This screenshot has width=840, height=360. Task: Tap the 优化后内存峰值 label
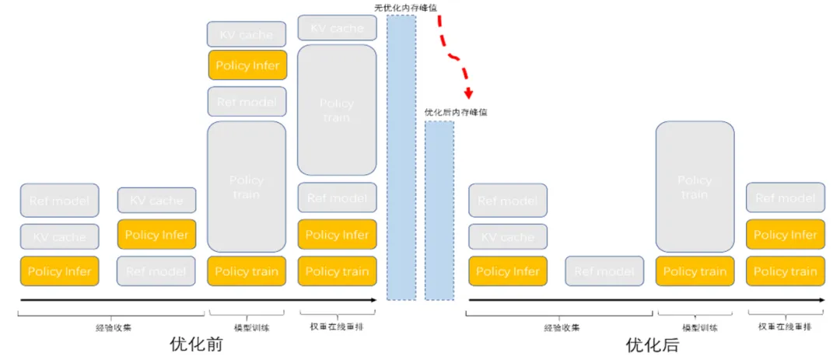(x=456, y=113)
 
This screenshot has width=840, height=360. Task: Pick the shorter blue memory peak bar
(x=439, y=210)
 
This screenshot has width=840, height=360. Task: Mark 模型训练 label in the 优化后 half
(x=695, y=327)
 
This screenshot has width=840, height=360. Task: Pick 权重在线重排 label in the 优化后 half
(x=785, y=327)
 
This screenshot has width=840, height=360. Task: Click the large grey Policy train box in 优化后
(x=695, y=187)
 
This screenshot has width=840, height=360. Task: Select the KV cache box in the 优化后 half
(x=507, y=236)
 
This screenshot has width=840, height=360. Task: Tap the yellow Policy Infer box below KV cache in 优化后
(x=507, y=271)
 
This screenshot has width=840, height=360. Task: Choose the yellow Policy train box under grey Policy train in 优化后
(x=695, y=271)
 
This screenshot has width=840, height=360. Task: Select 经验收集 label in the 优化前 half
(x=110, y=327)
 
